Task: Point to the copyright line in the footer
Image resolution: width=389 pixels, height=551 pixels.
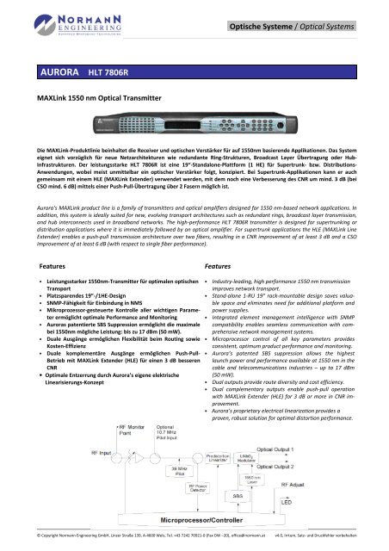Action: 129,544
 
